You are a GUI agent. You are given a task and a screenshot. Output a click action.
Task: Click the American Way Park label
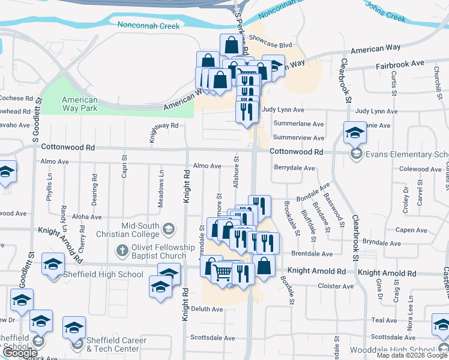pyautogui.click(x=80, y=104)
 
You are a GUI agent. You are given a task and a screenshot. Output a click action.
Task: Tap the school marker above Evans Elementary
pyautogui.click(x=355, y=133)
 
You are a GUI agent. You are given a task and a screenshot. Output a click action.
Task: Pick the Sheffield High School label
pyautogui.click(x=114, y=275)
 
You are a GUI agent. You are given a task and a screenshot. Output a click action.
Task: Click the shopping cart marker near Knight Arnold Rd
pyautogui.click(x=223, y=272)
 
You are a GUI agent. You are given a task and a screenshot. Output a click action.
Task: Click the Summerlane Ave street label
pyautogui.click(x=298, y=124)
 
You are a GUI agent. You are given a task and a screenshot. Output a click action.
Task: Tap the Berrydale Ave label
pyautogui.click(x=294, y=169)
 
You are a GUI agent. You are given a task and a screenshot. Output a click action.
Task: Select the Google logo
pyautogui.click(x=19, y=353)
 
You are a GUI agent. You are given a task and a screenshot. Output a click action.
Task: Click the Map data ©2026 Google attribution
pyautogui.click(x=411, y=355)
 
